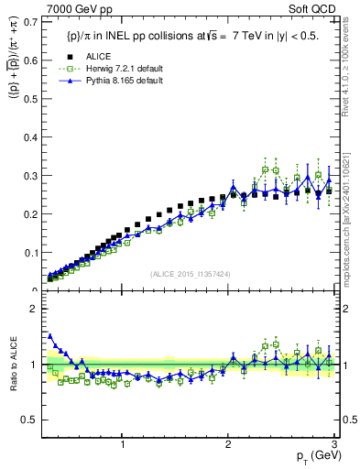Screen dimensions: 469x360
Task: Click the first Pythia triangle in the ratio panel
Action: point(49,335)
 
